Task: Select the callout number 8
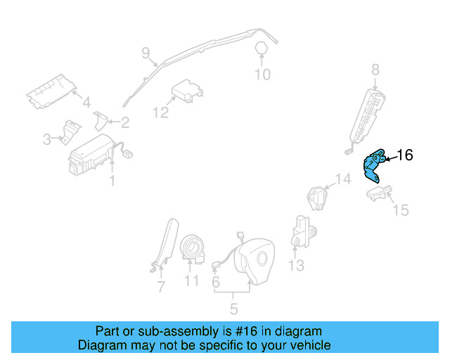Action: pos(375,69)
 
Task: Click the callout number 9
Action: pos(146,52)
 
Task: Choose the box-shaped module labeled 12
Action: pos(185,91)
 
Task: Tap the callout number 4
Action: pos(86,103)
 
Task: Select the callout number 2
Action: pos(124,123)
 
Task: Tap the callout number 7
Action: pos(161,287)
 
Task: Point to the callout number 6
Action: pos(216,281)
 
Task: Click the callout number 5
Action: pos(233,308)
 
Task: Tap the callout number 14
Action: pos(342,179)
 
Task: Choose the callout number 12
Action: pos(160,112)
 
